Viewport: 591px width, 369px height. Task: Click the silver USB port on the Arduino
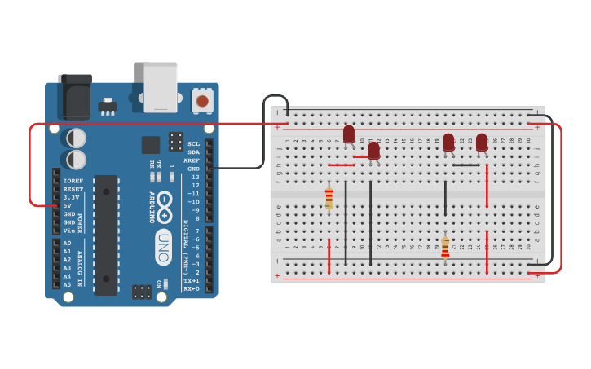tap(161, 86)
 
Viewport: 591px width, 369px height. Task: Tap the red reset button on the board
tap(202, 101)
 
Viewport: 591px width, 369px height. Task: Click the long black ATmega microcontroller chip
tap(106, 235)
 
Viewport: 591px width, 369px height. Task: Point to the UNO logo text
tap(164, 247)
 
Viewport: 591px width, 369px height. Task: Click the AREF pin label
tap(192, 160)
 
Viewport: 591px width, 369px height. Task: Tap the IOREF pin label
tap(73, 181)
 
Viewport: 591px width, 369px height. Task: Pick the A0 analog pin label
tap(67, 244)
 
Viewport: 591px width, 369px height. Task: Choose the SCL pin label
tap(193, 143)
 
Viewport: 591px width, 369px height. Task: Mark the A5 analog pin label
tap(67, 284)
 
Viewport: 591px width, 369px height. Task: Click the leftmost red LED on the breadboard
tap(349, 134)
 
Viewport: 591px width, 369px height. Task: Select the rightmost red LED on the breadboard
tap(482, 143)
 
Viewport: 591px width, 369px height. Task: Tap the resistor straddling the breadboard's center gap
tap(329, 196)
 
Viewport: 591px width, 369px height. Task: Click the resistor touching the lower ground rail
tap(445, 247)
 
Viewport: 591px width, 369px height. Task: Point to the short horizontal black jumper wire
tap(466, 165)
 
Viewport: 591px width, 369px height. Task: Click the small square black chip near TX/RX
tap(150, 145)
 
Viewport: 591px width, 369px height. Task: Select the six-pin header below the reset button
tap(176, 141)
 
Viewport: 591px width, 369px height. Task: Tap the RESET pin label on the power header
tap(73, 189)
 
